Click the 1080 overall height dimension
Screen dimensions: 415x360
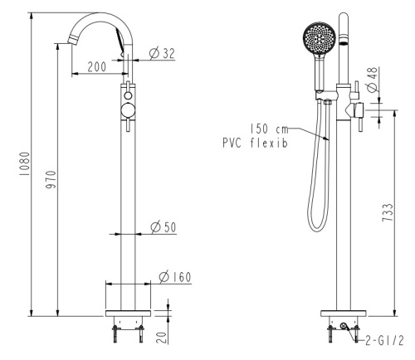coord(24,163)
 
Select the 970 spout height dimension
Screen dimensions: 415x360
coord(51,179)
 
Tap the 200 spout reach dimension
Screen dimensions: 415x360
coord(97,66)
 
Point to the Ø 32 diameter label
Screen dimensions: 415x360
coord(162,53)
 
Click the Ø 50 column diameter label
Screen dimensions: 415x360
coord(164,227)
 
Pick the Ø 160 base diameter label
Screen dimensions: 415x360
coord(175,277)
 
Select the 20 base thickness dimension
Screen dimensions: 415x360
coord(162,338)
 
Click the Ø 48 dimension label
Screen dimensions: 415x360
coord(373,80)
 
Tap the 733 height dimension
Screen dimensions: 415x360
coord(388,212)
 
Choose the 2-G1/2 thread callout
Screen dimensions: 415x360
coord(385,340)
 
